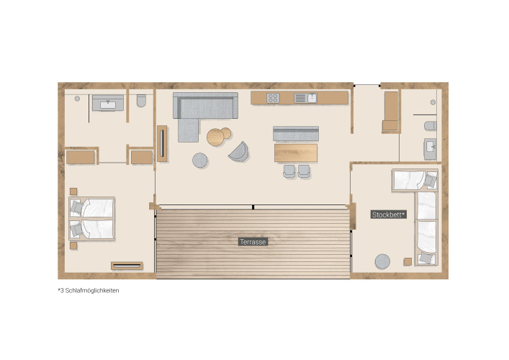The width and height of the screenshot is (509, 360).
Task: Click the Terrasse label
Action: coord(253,242)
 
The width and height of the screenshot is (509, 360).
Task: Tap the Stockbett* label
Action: coord(389,215)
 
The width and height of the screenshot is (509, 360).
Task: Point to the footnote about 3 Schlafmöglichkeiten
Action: coord(89,291)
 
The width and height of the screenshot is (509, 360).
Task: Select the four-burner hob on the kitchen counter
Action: coord(273,98)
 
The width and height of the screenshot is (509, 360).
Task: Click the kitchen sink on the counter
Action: coord(305,98)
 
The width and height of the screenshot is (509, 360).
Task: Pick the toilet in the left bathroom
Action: coord(141,101)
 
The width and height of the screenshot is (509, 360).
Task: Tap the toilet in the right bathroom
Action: coord(431,125)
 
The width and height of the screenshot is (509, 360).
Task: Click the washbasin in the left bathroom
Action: coord(108,103)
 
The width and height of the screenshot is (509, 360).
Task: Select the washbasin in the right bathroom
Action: coord(430,149)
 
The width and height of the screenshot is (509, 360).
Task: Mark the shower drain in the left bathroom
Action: coord(77,99)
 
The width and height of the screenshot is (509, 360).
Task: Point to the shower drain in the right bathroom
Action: coord(433,102)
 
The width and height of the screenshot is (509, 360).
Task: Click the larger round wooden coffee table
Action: coord(215,137)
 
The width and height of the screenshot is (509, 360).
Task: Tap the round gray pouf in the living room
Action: coord(200,161)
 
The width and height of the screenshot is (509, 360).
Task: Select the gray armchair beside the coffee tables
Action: coord(239,152)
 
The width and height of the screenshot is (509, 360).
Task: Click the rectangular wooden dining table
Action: coord(296,153)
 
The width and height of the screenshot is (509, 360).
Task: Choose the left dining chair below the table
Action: coord(289,171)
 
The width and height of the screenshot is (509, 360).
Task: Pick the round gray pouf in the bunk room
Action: coord(382,261)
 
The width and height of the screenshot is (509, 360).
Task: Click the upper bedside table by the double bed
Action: coord(73,192)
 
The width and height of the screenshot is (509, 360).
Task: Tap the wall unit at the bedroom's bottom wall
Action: coord(127,266)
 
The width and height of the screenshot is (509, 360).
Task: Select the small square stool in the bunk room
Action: coord(407,261)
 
